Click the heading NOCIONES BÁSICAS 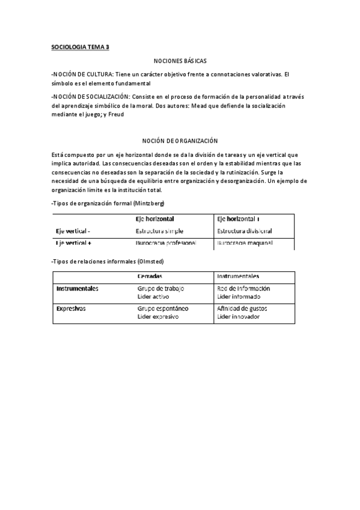[x=180, y=61]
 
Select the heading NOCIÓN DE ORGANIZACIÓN [x=180, y=140]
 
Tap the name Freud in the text [x=117, y=115]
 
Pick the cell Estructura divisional [x=245, y=231]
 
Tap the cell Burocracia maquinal [x=245, y=244]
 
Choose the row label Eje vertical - [x=73, y=231]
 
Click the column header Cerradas [x=149, y=276]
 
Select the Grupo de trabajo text [x=160, y=289]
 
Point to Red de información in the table [x=243, y=289]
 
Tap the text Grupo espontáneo [x=163, y=309]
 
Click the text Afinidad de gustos [x=242, y=309]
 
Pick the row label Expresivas [x=70, y=309]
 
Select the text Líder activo [x=153, y=296]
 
